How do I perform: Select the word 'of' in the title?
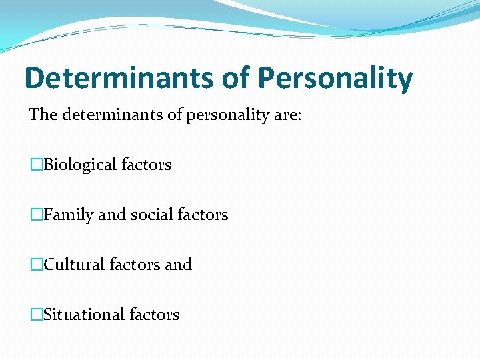235,79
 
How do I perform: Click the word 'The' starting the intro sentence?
43,115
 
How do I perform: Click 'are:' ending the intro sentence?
287,115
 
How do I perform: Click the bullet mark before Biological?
36,165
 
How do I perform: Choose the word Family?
69,215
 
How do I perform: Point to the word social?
152,215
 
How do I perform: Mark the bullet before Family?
36,215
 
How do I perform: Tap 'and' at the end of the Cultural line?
178,265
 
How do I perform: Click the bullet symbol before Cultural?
36,265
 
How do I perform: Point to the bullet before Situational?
36,315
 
